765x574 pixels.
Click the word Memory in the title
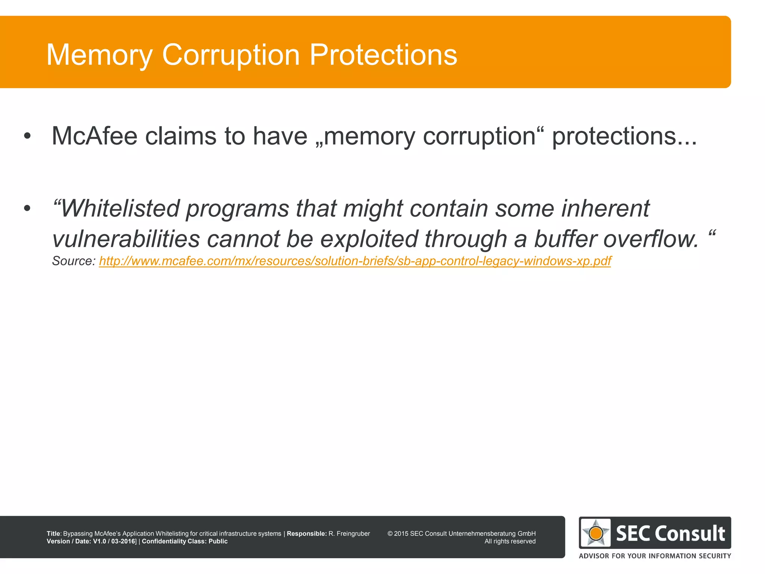click(x=99, y=55)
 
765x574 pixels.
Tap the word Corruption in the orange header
click(x=231, y=55)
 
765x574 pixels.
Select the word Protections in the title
click(x=383, y=55)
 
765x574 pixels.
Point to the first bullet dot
click(x=27, y=136)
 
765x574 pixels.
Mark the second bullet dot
click(x=27, y=209)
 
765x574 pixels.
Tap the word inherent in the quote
click(x=606, y=208)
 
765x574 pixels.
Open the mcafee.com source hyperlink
click(x=355, y=261)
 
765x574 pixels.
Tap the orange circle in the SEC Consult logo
click(x=596, y=533)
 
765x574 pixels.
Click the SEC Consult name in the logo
click(x=670, y=533)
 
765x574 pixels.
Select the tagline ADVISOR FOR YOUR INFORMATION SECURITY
click(x=655, y=556)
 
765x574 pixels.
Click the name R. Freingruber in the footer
click(x=349, y=534)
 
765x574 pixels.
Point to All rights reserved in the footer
click(x=510, y=541)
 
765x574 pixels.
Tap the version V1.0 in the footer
click(x=100, y=541)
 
